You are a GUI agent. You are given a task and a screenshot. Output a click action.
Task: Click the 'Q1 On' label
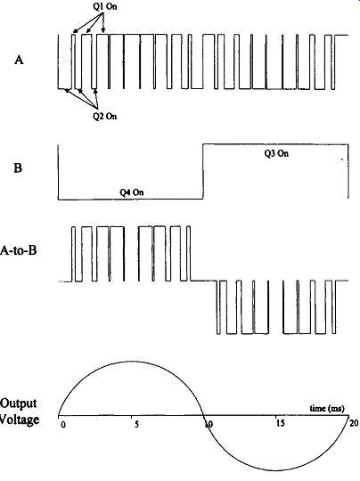click(105, 7)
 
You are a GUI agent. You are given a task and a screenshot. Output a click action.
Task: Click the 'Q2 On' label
click(105, 117)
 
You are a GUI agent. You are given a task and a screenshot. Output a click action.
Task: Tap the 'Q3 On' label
click(276, 153)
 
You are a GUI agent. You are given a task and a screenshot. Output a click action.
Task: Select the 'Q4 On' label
click(131, 192)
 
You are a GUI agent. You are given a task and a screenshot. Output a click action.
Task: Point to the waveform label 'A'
click(19, 61)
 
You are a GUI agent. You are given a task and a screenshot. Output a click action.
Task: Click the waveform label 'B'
click(18, 167)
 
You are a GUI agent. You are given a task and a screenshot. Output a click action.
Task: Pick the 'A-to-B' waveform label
click(19, 250)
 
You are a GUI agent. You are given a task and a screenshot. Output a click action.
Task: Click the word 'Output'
click(18, 404)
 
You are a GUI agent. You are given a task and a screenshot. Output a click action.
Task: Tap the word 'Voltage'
click(20, 420)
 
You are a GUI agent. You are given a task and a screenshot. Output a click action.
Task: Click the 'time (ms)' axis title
click(327, 408)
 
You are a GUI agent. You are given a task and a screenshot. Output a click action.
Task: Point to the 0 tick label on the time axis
click(63, 426)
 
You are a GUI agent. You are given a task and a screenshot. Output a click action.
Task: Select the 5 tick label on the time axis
click(136, 425)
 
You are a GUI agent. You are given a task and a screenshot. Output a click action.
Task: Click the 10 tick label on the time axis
click(209, 425)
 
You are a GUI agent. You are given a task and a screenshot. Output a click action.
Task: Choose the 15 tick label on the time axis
click(281, 424)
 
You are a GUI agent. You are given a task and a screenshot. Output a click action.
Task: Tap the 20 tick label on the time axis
click(354, 423)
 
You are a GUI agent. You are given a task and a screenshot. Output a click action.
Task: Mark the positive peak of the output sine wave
click(131, 362)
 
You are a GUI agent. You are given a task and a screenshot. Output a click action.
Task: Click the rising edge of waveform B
click(203, 171)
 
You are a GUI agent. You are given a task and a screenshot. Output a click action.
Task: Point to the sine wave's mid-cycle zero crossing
click(203, 416)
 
